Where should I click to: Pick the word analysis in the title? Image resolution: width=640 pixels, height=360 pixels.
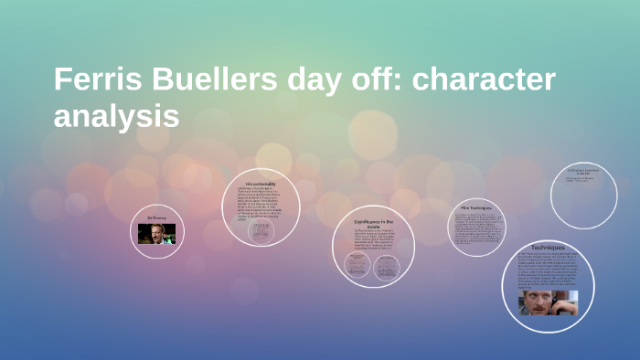117,117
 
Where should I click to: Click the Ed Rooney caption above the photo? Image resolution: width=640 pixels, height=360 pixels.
157,217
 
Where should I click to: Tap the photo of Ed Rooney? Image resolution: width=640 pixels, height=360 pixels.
156,234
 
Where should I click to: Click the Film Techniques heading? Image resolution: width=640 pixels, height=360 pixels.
475,208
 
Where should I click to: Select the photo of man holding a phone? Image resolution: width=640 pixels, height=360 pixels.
549,302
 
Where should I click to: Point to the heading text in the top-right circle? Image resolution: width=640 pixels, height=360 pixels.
583,171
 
